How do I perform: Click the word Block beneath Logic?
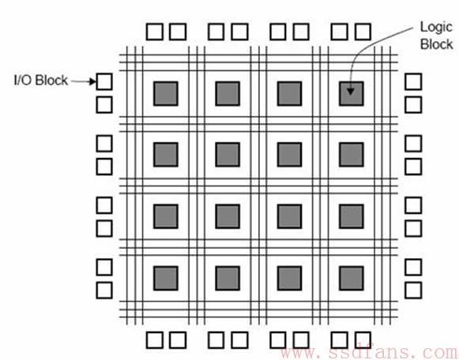(436, 44)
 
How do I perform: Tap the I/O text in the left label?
(23, 80)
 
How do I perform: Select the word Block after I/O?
(51, 80)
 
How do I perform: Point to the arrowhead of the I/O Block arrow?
(92, 81)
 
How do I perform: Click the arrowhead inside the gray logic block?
(351, 92)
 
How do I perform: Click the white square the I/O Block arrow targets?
(104, 81)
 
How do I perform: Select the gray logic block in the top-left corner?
(166, 94)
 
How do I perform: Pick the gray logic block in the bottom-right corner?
(352, 279)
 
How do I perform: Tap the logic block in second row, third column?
(289, 155)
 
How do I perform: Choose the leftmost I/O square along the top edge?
(155, 32)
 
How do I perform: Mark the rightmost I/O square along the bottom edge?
(363, 340)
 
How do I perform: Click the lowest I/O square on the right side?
(413, 291)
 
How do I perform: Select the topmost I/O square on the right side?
(413, 81)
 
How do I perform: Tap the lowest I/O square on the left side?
(104, 291)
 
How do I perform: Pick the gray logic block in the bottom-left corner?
(166, 279)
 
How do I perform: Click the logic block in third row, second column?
(228, 216)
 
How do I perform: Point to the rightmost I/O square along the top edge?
(363, 32)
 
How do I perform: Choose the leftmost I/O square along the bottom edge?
(155, 340)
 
